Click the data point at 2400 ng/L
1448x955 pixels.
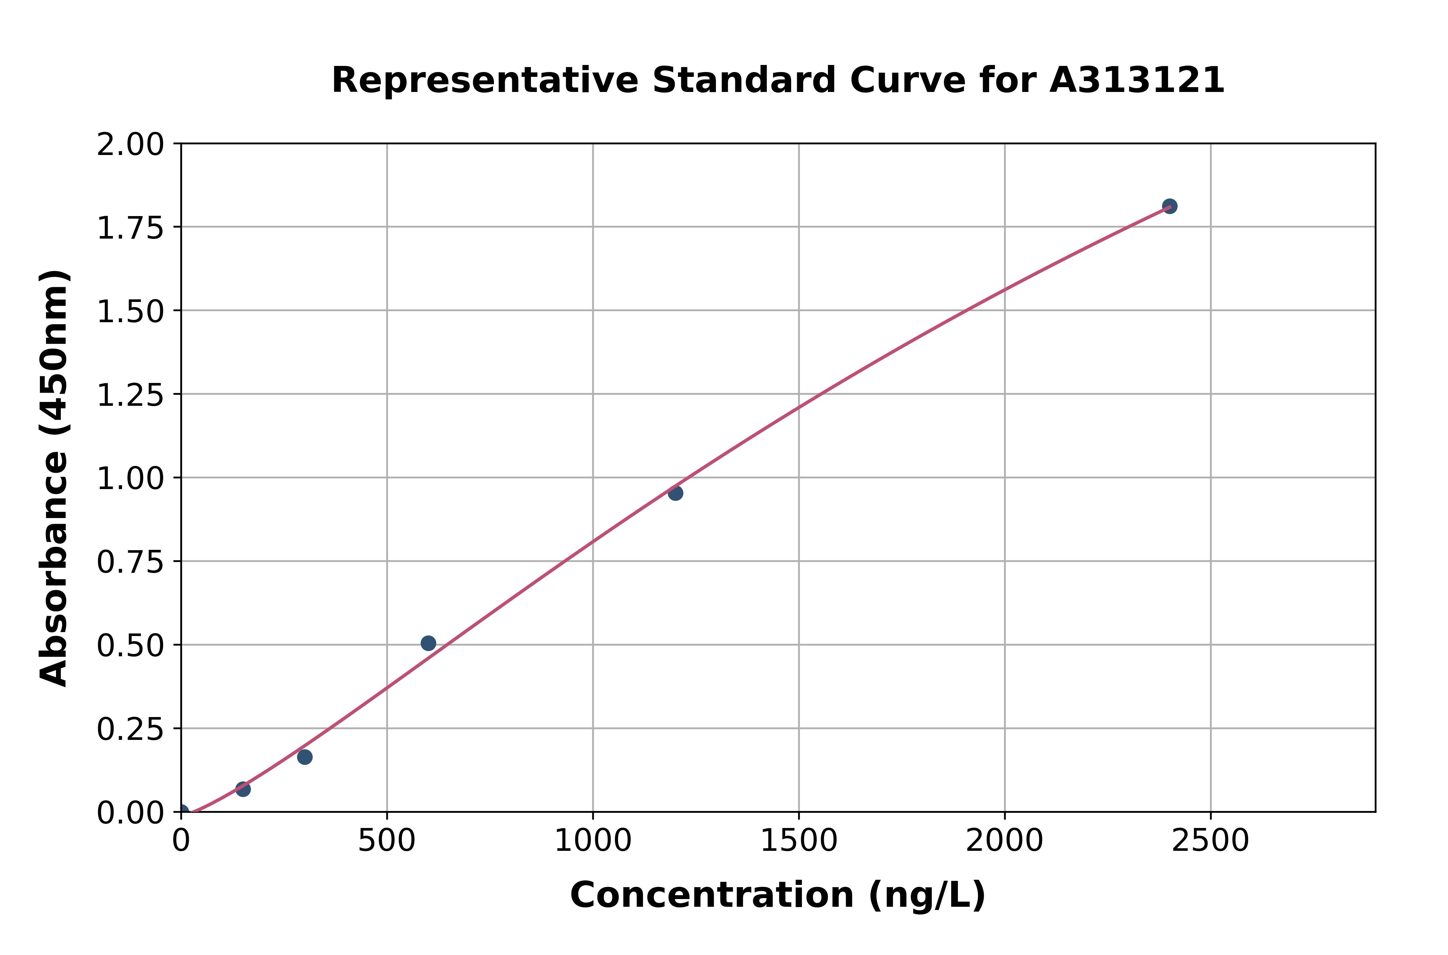coord(1169,206)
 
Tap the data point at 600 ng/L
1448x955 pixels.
coord(428,643)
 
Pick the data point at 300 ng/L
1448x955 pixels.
coord(305,757)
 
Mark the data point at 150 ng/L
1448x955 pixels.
coord(243,789)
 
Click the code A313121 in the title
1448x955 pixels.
coord(1137,80)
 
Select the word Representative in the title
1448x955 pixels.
coord(485,80)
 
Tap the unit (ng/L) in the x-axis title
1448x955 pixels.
coord(926,895)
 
